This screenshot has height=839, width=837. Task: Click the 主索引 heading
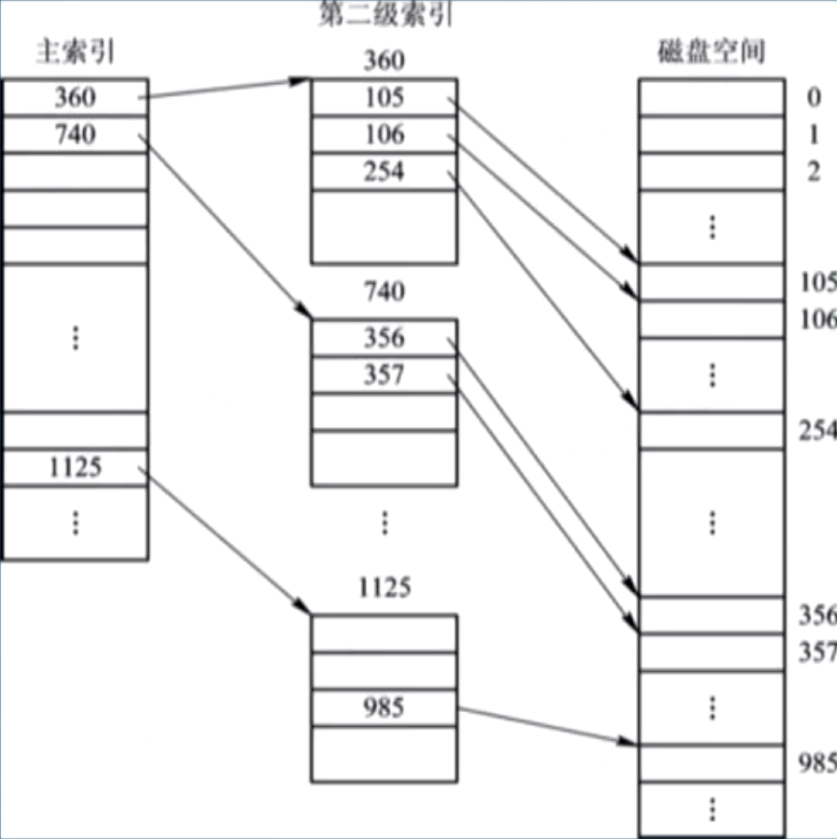point(75,52)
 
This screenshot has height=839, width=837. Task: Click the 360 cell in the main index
point(75,97)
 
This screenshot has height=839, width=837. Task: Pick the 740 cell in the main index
point(75,134)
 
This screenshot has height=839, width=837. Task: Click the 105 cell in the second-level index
point(383,97)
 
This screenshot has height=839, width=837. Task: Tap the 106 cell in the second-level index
point(383,134)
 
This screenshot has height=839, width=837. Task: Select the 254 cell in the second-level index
point(383,172)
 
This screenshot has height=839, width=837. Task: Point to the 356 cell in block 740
point(383,338)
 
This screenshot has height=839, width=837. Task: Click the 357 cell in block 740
point(383,375)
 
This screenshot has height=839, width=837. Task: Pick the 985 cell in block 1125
point(383,708)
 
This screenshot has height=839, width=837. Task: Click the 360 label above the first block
point(383,61)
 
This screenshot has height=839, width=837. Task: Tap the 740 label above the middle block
point(383,292)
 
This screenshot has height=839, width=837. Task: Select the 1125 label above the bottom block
point(383,587)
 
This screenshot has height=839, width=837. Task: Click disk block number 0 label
point(813,97)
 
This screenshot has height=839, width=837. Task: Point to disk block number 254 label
point(818,430)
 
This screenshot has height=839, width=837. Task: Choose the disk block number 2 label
point(813,172)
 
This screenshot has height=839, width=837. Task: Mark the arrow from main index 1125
point(224,539)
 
